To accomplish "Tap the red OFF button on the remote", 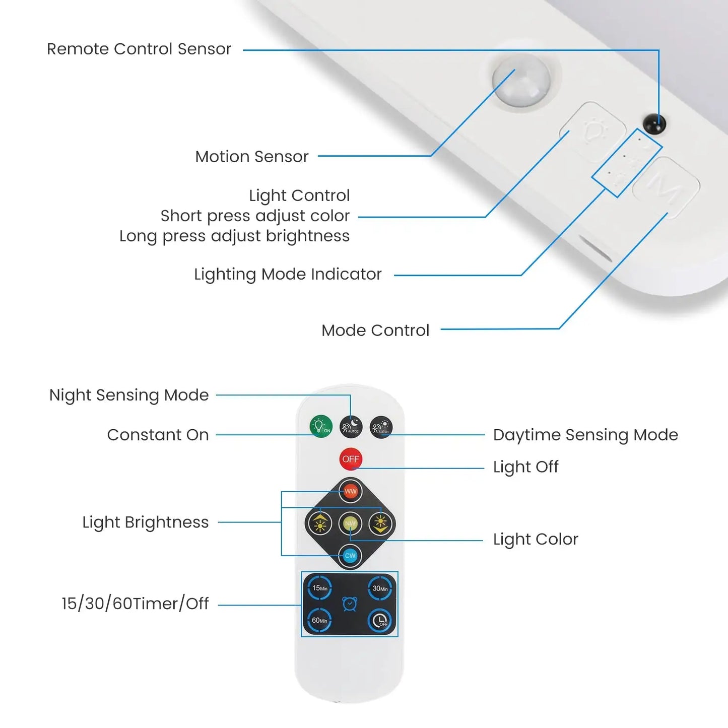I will pos(351,459).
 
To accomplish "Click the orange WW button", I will pos(351,491).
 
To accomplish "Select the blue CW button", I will pos(350,556).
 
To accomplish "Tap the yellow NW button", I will pos(350,524).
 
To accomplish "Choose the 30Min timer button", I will pos(380,588).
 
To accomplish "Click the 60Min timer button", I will pos(319,620).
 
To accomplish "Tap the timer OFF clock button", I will pos(380,620).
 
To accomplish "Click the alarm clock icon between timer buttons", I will pos(350,604).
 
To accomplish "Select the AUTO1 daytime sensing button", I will pos(381,427).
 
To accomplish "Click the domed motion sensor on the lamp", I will pos(521,81).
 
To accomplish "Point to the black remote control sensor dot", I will pos(654,123).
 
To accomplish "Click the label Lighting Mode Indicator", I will pos(288,274).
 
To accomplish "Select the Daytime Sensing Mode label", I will pos(585,435).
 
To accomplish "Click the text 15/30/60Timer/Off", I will pos(135,603).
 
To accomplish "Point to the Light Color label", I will pos(536,539).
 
